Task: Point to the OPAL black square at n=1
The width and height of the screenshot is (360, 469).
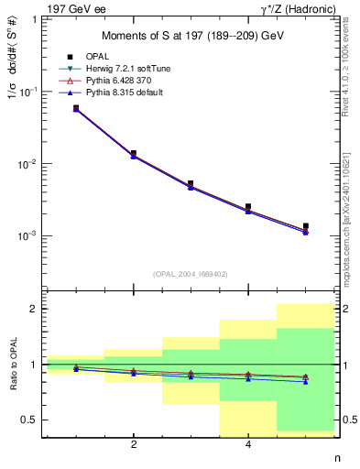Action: point(76,108)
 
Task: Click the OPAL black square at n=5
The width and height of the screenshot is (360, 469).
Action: point(305,226)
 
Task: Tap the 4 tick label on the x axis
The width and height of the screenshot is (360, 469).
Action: point(248,445)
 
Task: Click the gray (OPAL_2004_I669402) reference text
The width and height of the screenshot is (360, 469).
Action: point(191,274)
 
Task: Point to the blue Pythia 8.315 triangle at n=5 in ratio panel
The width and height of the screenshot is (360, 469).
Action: point(305,381)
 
